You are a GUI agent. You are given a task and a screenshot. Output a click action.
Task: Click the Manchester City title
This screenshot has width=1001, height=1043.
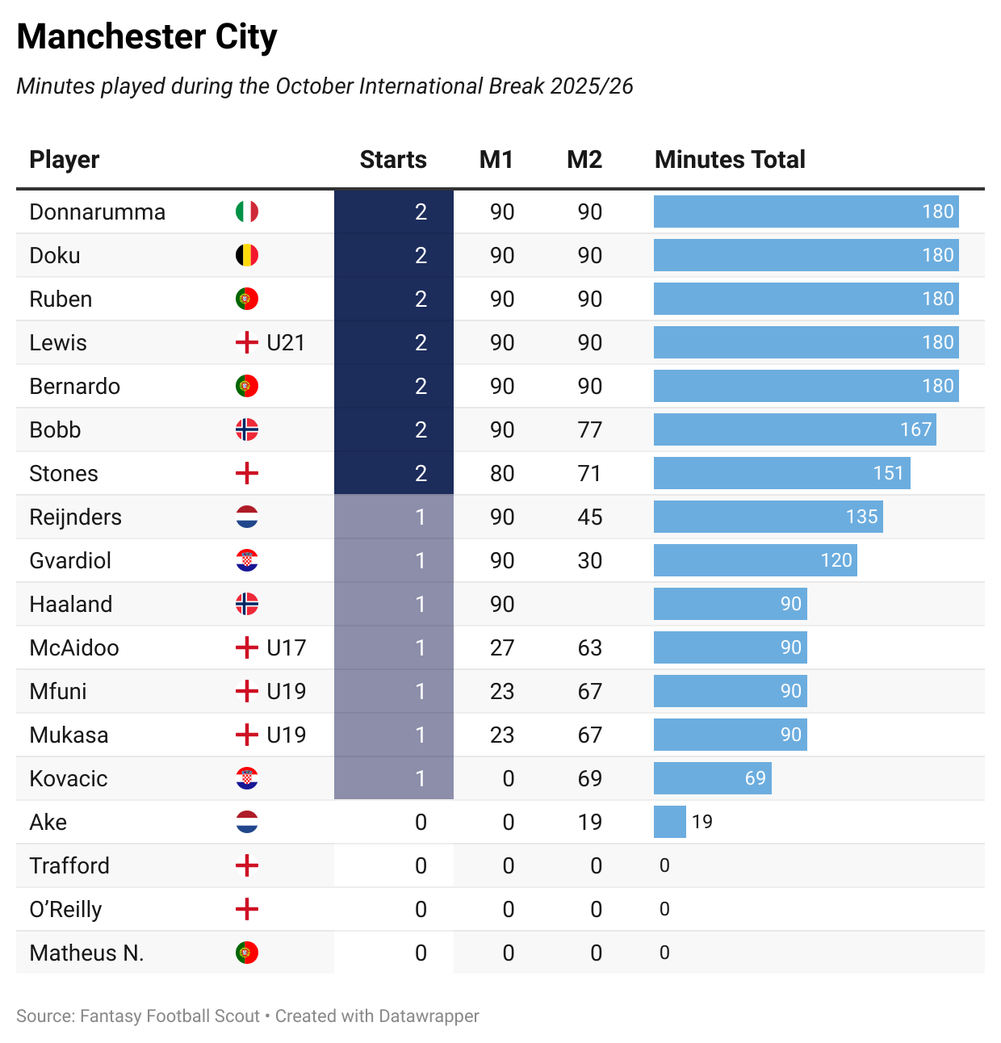click(147, 37)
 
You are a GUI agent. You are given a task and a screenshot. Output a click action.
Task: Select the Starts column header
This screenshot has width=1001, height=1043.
click(393, 160)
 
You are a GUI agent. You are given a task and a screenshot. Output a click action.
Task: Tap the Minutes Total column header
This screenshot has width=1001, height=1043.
click(730, 160)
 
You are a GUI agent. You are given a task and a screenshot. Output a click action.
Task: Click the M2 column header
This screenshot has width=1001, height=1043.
click(584, 160)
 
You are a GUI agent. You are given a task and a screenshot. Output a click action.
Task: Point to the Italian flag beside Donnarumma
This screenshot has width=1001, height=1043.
click(247, 212)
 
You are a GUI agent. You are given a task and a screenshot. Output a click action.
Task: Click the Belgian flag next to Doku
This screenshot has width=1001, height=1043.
click(247, 255)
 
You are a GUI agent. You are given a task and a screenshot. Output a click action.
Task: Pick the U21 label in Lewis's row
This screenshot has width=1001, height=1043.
click(286, 342)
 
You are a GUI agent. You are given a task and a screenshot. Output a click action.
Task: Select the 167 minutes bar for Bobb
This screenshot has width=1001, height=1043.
click(794, 429)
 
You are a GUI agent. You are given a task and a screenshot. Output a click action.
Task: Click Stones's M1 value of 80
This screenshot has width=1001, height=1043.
click(502, 473)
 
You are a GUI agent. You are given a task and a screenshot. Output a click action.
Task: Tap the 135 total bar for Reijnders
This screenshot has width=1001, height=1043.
click(768, 517)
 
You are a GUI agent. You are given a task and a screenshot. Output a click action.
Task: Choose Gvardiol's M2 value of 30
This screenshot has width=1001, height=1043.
click(590, 560)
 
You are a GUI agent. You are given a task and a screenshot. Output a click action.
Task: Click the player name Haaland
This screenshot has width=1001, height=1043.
click(71, 604)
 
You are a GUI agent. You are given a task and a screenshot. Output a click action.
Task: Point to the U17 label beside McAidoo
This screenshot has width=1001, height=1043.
click(286, 647)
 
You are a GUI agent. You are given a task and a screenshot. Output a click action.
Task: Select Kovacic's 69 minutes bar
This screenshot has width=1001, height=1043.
click(712, 778)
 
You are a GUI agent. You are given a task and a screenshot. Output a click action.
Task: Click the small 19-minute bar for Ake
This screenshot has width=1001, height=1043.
click(669, 822)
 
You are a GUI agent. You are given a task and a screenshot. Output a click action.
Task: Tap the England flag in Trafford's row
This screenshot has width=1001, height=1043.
click(247, 865)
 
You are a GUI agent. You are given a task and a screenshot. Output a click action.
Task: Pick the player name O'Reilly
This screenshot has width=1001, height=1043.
click(65, 909)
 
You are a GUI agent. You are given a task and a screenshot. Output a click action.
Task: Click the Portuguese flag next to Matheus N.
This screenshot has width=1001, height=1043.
click(247, 953)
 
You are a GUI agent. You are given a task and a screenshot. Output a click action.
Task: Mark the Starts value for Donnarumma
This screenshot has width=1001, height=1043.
click(421, 212)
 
